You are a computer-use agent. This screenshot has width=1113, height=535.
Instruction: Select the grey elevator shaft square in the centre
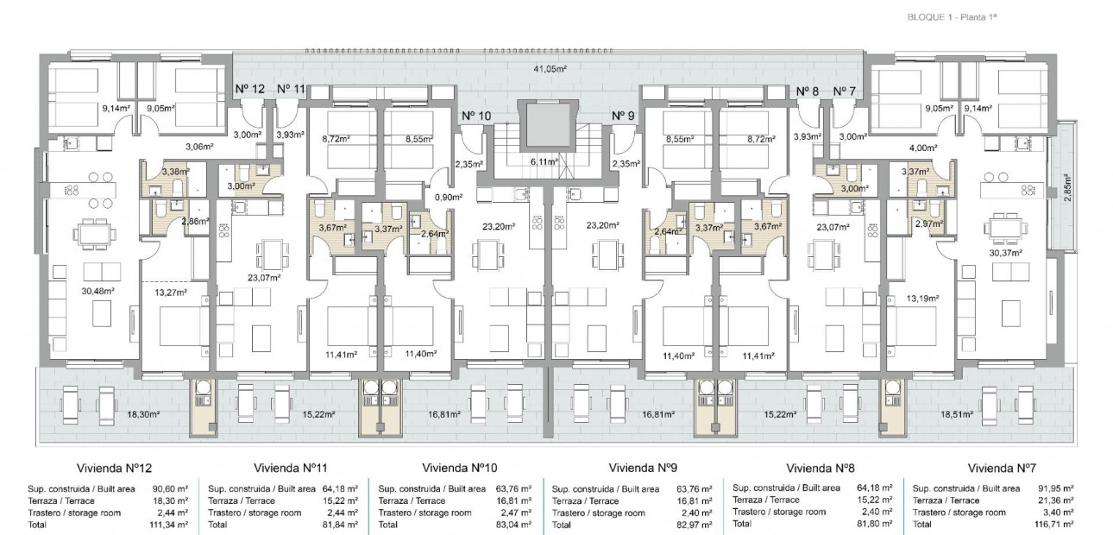pyautogui.click(x=544, y=126)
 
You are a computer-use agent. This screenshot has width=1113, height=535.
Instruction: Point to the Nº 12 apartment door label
pyautogui.click(x=250, y=89)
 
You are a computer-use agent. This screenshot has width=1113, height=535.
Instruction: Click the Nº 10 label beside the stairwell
pyautogui.click(x=476, y=116)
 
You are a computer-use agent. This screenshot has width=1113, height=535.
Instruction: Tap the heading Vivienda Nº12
pyautogui.click(x=114, y=469)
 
